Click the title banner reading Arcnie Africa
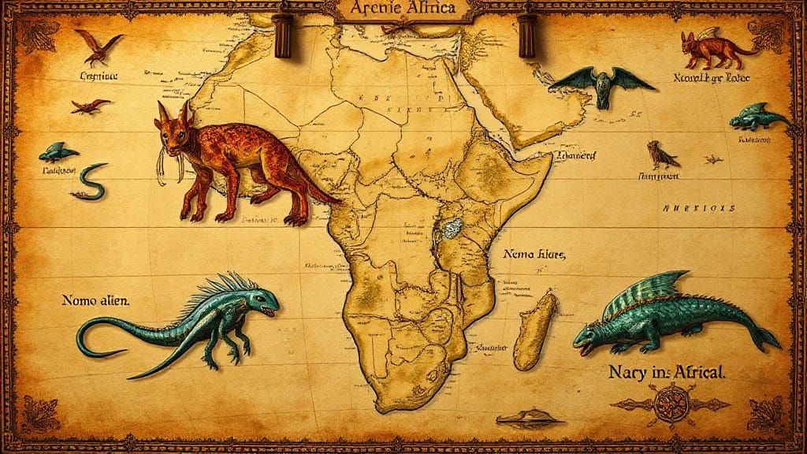[403, 10]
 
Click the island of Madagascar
[535, 329]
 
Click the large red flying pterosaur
[99, 46]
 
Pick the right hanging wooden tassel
[526, 35]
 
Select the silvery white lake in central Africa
[450, 229]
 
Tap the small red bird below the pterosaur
[89, 106]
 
